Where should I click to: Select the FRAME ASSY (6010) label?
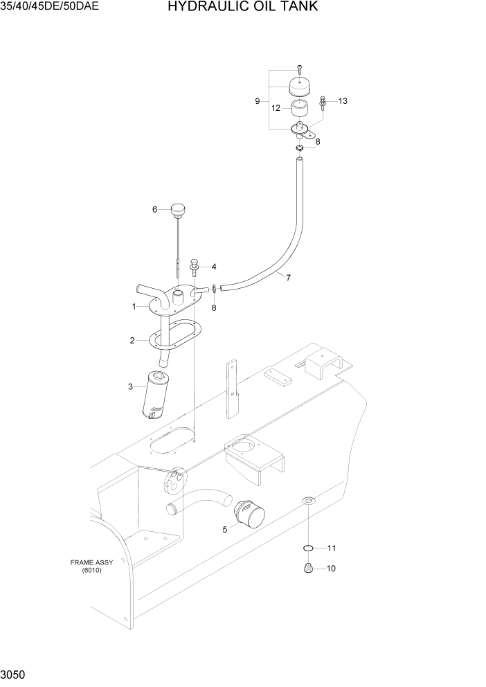point(91,566)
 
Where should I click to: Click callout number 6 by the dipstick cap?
point(155,209)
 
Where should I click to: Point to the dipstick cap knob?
point(179,208)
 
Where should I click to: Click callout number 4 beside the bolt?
point(214,267)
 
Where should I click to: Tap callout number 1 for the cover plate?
point(134,306)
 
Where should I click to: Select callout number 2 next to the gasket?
point(132,340)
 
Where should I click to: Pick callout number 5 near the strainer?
point(224,530)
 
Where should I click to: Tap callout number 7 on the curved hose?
point(287,278)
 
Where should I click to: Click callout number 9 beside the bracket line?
point(257,101)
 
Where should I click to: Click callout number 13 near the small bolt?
point(342,101)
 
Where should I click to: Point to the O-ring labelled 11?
point(309,548)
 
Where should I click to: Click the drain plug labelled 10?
point(309,569)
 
